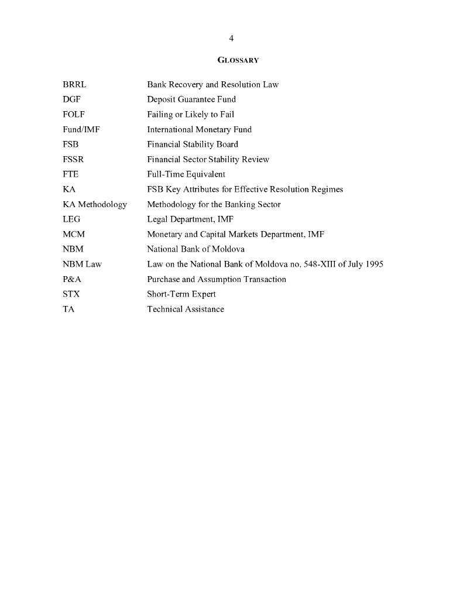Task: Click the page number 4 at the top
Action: pos(231,39)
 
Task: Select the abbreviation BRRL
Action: pos(74,84)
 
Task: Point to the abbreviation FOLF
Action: pos(74,114)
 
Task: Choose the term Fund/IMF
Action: pos(81,129)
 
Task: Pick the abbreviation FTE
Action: pos(71,174)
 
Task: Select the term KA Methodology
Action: pos(95,204)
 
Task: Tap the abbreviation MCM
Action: pos(74,234)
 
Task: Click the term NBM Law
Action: pos(82,264)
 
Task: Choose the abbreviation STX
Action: pos(71,294)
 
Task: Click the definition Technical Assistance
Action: pos(186,309)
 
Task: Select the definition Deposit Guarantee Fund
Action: pos(191,99)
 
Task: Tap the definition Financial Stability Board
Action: pos(193,144)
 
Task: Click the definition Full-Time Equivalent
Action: pos(186,174)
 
